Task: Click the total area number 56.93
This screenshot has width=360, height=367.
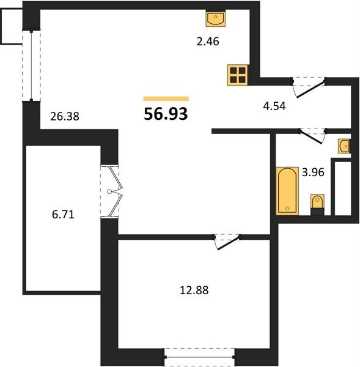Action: coord(166,114)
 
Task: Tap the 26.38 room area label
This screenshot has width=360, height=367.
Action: coord(65,116)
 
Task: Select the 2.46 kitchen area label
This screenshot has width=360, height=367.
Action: coord(208,42)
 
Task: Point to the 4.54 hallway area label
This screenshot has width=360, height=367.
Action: coord(274,106)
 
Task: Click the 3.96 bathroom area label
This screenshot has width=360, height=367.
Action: coord(313,172)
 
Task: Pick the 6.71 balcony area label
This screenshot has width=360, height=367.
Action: coord(63,215)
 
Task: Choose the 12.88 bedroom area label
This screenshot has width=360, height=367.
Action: coord(194,290)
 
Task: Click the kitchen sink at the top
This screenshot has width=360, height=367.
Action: coord(215,18)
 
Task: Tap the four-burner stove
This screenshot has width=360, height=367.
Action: coord(238,75)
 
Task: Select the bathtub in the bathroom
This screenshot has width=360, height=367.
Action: coord(287,191)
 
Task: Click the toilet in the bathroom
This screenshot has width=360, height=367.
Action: coord(317,204)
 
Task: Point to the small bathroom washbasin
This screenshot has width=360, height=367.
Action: coord(343,146)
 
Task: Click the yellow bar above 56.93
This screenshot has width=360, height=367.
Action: coord(166,98)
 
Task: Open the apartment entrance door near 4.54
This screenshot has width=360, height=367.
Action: coord(309,87)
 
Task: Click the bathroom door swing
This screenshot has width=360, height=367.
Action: coord(313,136)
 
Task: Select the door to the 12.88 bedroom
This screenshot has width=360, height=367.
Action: coord(227,242)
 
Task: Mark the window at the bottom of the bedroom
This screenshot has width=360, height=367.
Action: coord(199,357)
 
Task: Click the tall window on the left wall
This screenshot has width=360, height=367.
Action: coord(31,65)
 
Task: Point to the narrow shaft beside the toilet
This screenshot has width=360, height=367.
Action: coord(343,188)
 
